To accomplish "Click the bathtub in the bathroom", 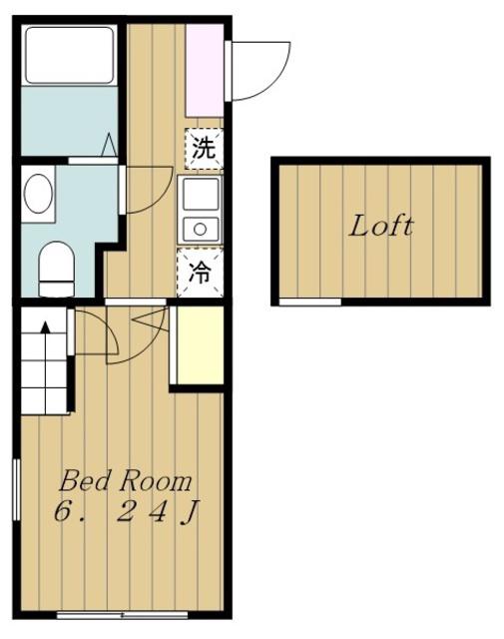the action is [69, 56].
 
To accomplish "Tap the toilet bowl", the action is [57, 269].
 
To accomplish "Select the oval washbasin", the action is [38, 194].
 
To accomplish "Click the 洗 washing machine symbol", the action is [204, 149].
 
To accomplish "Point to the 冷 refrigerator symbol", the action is [200, 273].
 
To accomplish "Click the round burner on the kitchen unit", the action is [200, 230].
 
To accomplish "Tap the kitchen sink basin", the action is [201, 194].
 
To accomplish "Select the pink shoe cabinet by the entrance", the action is [205, 70].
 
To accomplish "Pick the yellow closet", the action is [200, 344].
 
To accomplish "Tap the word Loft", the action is [380, 227].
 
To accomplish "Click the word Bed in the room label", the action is [85, 481].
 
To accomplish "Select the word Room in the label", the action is [156, 481].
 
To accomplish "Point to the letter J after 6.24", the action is [189, 512].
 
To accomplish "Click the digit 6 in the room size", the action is [62, 511].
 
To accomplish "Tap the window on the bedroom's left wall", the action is [16, 489].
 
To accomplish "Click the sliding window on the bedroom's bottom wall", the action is [122, 615].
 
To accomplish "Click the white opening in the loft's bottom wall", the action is [310, 302].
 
